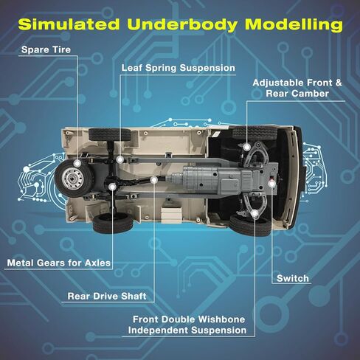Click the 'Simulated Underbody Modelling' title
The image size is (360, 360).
point(180,24)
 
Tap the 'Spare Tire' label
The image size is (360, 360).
point(46,49)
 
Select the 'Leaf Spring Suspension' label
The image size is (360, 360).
point(179,68)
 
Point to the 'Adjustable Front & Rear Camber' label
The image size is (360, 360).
point(297,88)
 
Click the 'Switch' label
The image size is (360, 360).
point(293,278)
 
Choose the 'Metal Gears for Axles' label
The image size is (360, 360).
point(59,263)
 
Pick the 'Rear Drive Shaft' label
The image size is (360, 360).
point(107,296)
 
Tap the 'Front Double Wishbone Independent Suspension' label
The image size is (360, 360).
point(187,325)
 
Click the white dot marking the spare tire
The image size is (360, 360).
point(77,163)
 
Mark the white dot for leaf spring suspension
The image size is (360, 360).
point(120,159)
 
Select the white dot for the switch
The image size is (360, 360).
point(271,184)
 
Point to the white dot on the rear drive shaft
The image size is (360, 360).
point(154,180)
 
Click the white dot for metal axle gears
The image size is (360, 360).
point(112,187)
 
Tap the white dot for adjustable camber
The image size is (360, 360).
point(246,148)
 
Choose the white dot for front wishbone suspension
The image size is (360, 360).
point(255,213)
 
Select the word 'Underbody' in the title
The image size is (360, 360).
point(182,25)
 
